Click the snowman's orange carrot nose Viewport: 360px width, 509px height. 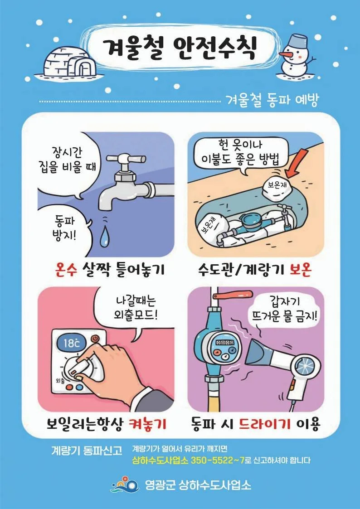[285, 53]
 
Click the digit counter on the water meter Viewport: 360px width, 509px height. [225, 343]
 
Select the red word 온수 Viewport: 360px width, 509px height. [66, 269]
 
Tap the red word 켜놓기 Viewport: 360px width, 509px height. [147, 424]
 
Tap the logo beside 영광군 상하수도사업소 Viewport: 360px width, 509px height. [125, 485]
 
